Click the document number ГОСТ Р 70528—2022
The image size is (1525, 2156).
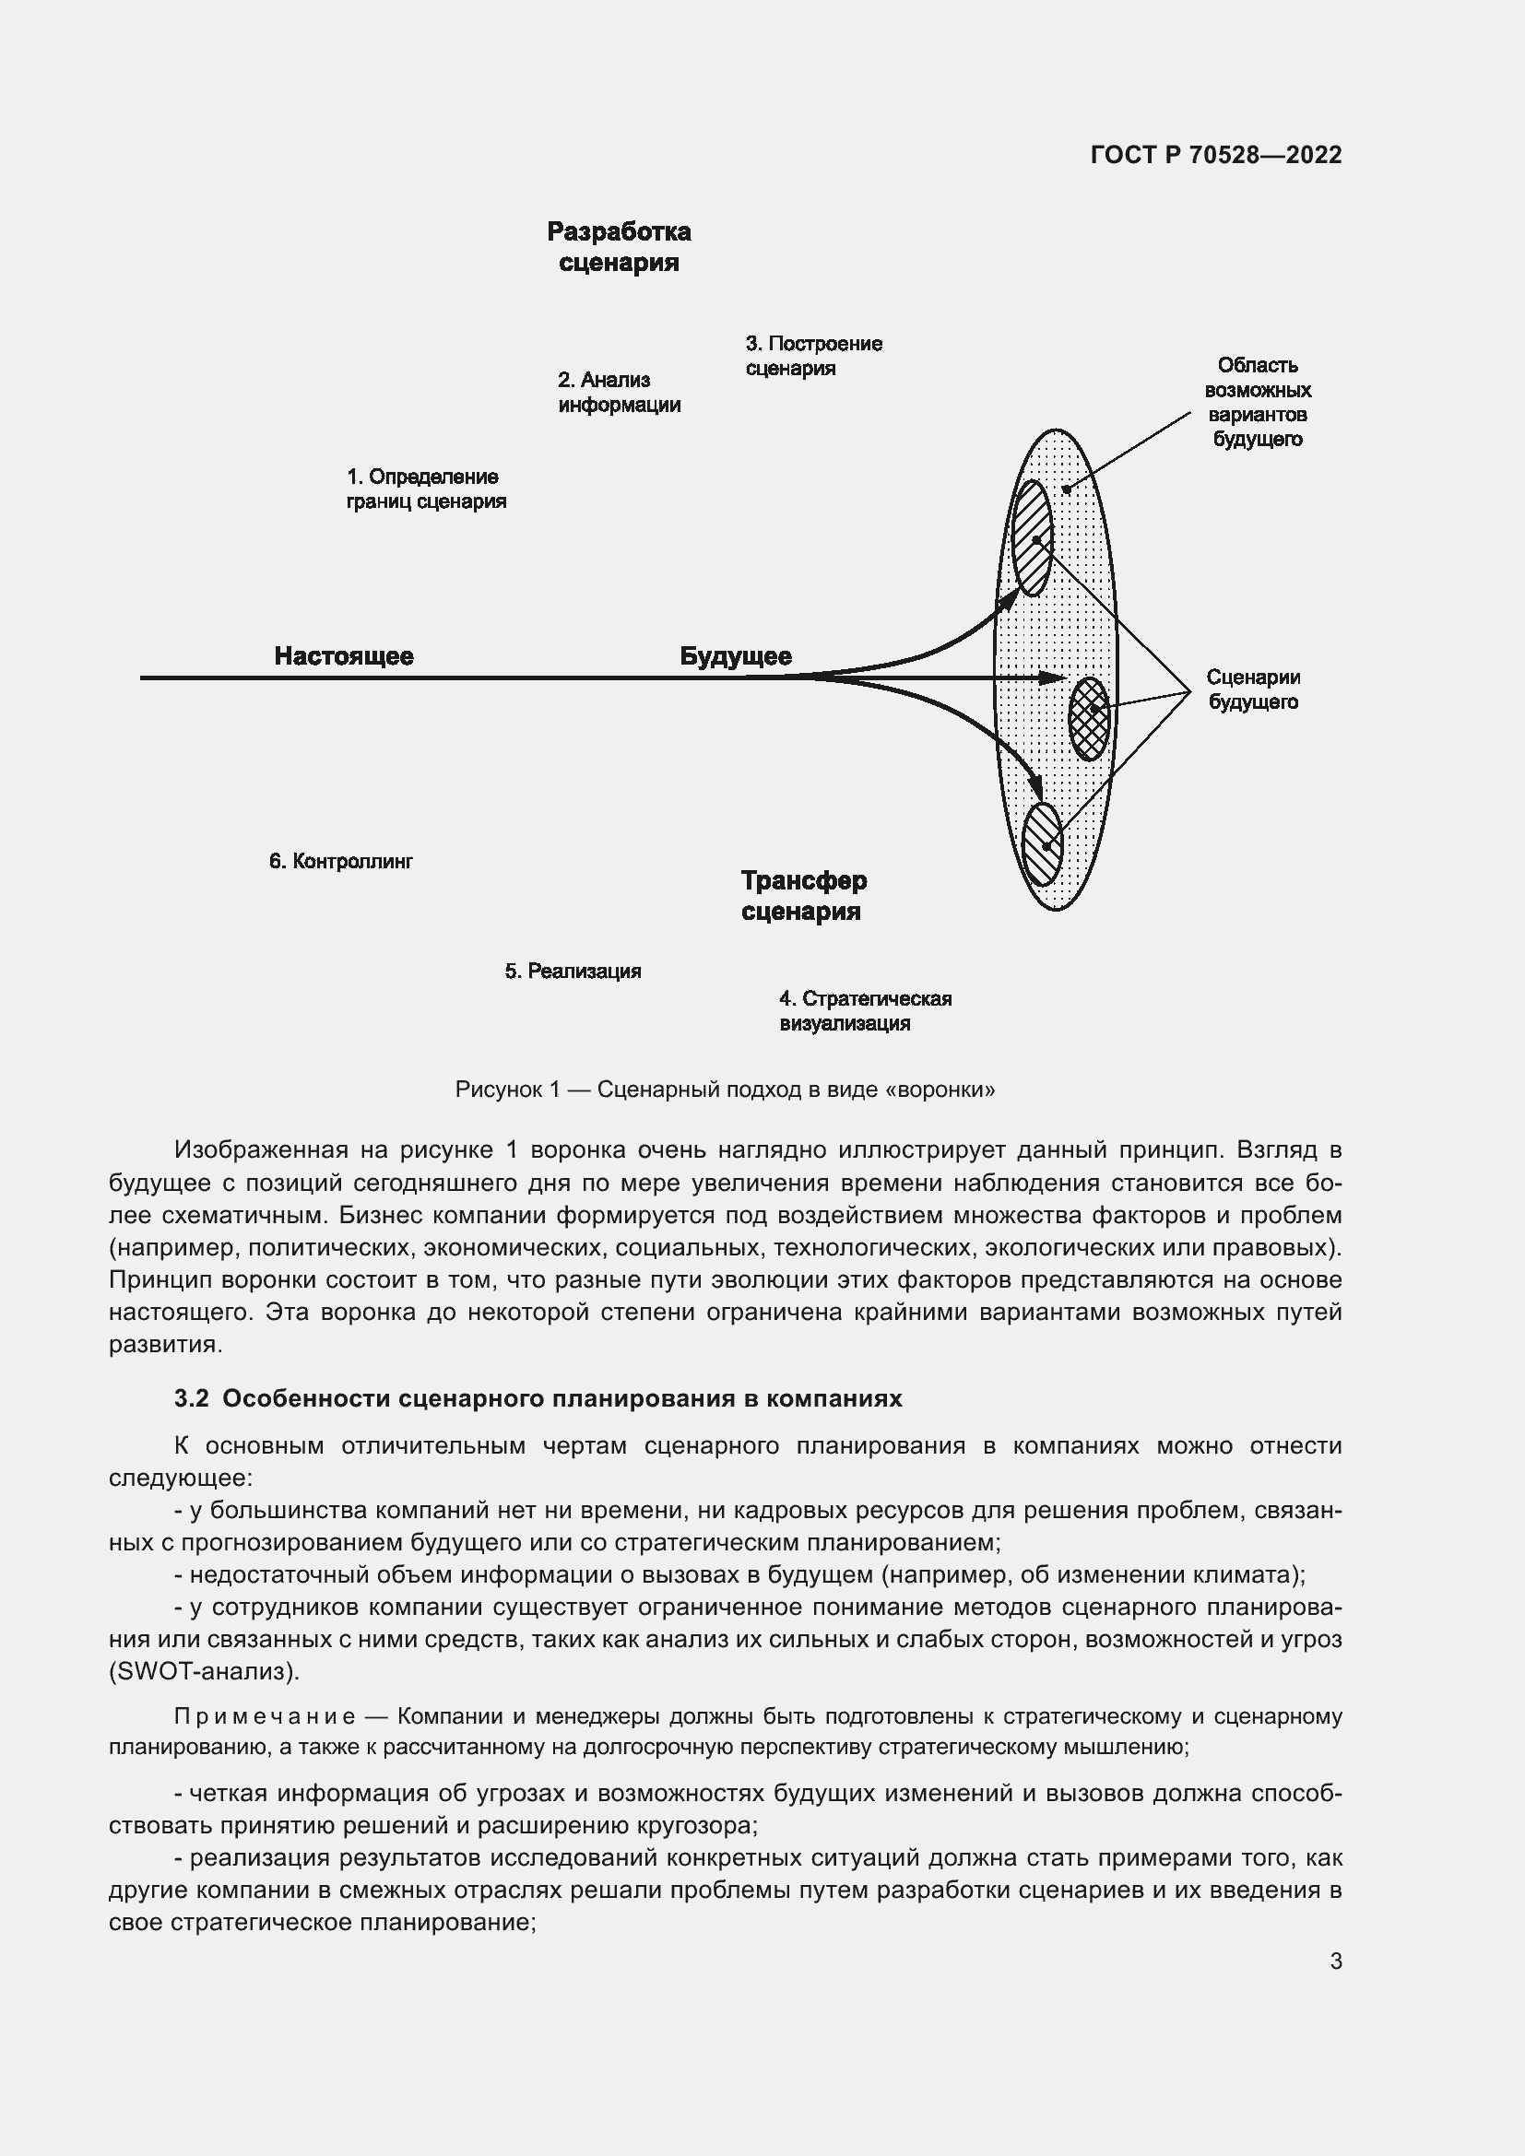(1216, 155)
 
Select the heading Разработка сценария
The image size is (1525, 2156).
(619, 247)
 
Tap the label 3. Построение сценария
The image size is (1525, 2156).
(813, 356)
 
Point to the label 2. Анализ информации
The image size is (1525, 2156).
(619, 393)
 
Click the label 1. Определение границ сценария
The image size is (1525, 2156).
(425, 489)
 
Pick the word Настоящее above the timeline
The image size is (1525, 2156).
(344, 656)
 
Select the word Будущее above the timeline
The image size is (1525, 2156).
(735, 656)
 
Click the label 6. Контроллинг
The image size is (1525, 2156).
(341, 861)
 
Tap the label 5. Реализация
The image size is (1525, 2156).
(573, 971)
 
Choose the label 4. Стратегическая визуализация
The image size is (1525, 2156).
(864, 1010)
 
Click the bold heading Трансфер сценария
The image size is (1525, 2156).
(803, 896)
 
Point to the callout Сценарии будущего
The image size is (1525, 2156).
(1253, 689)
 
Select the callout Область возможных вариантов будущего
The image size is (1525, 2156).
(1257, 402)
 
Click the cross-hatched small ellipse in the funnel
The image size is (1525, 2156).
(1089, 718)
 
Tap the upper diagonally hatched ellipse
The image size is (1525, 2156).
(1032, 538)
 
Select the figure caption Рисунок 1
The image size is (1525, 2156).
(724, 1090)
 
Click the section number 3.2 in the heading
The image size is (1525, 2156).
(192, 1398)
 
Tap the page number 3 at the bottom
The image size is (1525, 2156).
(1335, 1961)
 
